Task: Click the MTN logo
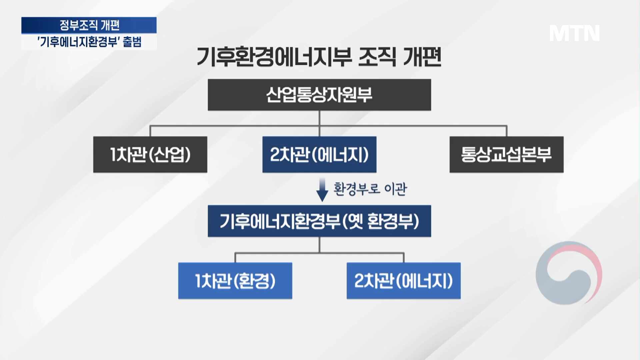click(574, 33)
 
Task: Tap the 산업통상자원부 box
click(319, 95)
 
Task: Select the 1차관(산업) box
click(150, 154)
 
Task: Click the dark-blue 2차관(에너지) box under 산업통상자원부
click(319, 154)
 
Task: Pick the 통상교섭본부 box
click(506, 154)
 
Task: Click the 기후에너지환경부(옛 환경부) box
click(319, 221)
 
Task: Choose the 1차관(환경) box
click(235, 281)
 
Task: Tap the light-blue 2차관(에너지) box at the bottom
click(404, 281)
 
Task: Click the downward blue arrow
click(322, 189)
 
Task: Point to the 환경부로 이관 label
click(370, 189)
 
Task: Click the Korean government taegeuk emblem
click(569, 273)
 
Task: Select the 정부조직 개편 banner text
click(89, 25)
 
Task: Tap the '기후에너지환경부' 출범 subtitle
click(89, 42)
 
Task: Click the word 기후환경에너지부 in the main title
click(274, 57)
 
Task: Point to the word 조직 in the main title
click(377, 57)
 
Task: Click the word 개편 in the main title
click(422, 57)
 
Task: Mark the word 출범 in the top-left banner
click(132, 42)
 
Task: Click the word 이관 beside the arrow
click(396, 189)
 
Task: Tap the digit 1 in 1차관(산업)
click(113, 154)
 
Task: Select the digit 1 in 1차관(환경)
click(198, 281)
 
